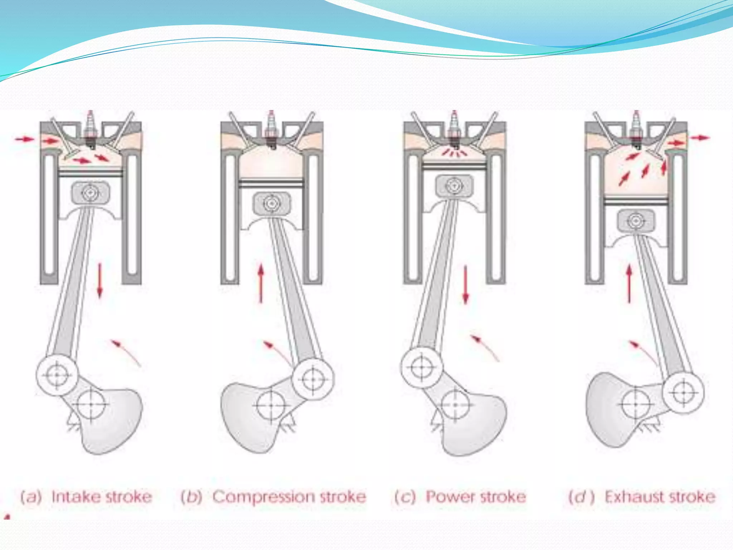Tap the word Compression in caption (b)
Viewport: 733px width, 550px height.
pyautogui.click(x=263, y=497)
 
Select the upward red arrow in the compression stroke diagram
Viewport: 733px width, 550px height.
pyautogui.click(x=261, y=283)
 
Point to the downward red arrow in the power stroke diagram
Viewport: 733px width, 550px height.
pyautogui.click(x=465, y=284)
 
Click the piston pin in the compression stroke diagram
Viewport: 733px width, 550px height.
pyautogui.click(x=271, y=204)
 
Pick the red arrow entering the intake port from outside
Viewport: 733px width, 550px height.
pyautogui.click(x=24, y=139)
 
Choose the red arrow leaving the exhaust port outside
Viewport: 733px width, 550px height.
pyautogui.click(x=700, y=138)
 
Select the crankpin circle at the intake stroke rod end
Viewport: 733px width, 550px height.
pyautogui.click(x=57, y=375)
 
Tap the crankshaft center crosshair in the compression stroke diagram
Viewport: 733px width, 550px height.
pyautogui.click(x=271, y=405)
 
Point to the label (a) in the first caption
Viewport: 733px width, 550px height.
pyautogui.click(x=31, y=497)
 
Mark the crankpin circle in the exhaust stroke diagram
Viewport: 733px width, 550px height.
pyautogui.click(x=683, y=392)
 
